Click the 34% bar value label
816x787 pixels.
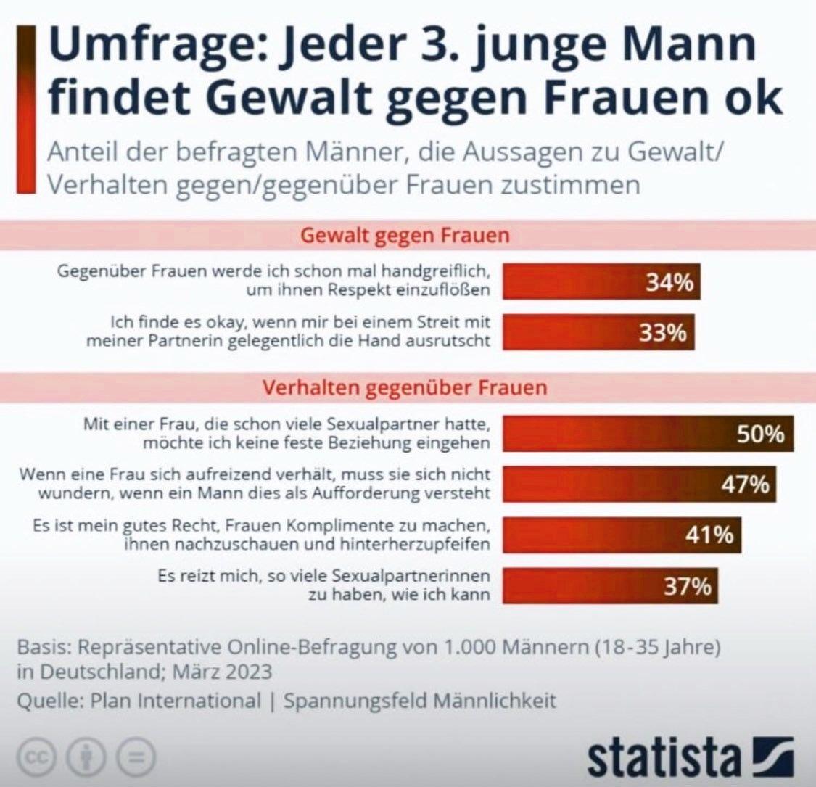point(669,282)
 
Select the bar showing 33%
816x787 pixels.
point(598,332)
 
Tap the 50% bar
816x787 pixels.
point(648,434)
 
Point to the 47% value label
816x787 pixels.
point(745,484)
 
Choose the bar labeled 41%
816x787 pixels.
point(622,535)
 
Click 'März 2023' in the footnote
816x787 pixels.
point(223,671)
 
